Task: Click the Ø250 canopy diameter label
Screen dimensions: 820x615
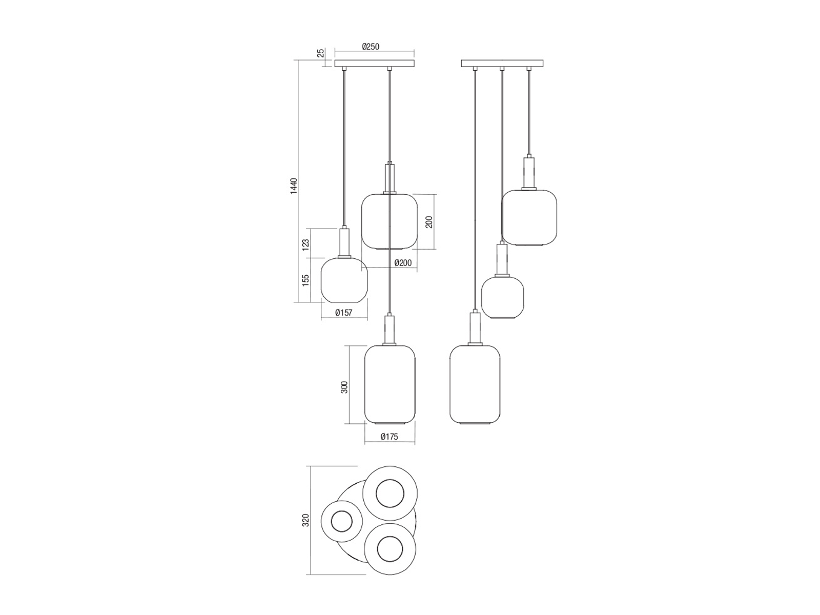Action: pyautogui.click(x=371, y=47)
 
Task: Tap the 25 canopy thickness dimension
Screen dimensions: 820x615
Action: pyautogui.click(x=321, y=53)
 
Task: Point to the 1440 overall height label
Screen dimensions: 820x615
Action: pyautogui.click(x=294, y=186)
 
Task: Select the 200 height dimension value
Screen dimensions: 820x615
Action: pyautogui.click(x=429, y=222)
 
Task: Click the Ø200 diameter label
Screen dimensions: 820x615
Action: pyautogui.click(x=403, y=263)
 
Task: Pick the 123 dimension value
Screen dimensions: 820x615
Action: pyautogui.click(x=306, y=245)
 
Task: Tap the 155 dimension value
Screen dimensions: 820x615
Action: pyautogui.click(x=306, y=280)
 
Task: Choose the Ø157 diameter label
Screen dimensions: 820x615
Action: pyautogui.click(x=344, y=313)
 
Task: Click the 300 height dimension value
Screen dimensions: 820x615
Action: pyautogui.click(x=344, y=387)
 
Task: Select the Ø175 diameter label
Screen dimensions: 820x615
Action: pyautogui.click(x=389, y=436)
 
